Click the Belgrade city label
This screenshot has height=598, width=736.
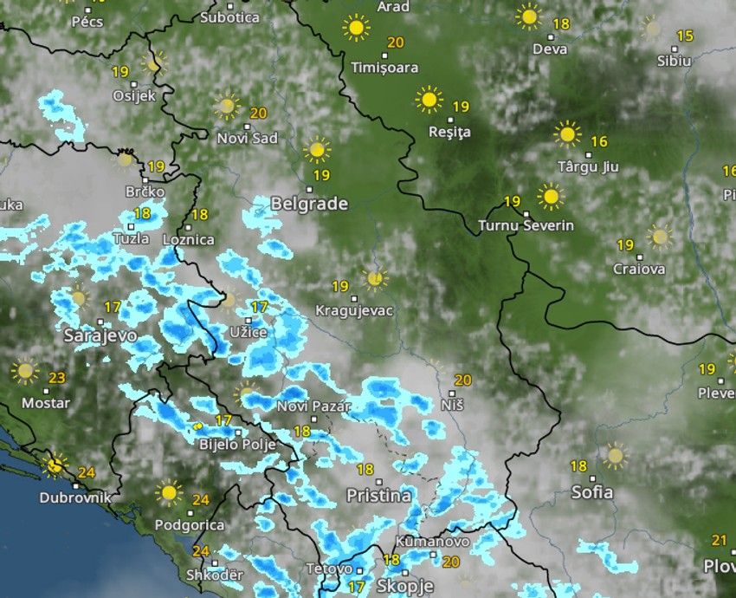[309, 205]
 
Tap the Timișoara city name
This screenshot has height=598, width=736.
[384, 68]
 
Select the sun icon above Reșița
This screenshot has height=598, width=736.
[429, 100]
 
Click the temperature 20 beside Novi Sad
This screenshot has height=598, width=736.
[258, 113]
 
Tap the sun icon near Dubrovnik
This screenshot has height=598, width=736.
[56, 465]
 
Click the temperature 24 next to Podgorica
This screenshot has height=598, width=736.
[201, 500]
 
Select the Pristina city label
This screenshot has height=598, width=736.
[378, 497]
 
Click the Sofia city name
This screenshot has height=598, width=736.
[592, 492]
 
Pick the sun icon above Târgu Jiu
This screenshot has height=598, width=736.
[567, 134]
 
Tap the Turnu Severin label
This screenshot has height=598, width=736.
[526, 226]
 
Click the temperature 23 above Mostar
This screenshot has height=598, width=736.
[57, 378]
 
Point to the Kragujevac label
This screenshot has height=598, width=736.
[354, 310]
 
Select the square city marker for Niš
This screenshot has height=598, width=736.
[452, 393]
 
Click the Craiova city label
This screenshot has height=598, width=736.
[639, 269]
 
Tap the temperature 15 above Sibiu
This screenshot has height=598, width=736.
[685, 36]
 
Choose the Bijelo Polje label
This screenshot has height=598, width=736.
[237, 445]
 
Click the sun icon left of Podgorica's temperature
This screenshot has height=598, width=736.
[169, 493]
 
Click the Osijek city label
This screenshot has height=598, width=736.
[134, 96]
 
